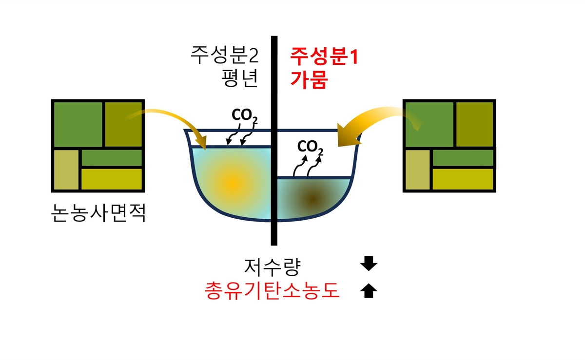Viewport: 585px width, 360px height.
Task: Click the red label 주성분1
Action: pyautogui.click(x=324, y=57)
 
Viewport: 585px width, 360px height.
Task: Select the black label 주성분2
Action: pyautogui.click(x=223, y=57)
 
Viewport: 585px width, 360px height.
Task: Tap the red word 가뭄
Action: pyautogui.click(x=309, y=79)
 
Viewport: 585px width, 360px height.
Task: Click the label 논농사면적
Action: pyautogui.click(x=98, y=213)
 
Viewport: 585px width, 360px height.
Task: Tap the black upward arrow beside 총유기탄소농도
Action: pyautogui.click(x=369, y=291)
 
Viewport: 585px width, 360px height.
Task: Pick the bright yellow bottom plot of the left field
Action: pyautogui.click(x=112, y=179)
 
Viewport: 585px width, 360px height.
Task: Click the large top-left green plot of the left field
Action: pyautogui.click(x=78, y=124)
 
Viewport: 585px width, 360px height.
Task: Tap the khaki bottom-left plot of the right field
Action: pyautogui.click(x=417, y=170)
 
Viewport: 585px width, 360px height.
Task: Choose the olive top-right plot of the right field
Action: pyautogui.click(x=474, y=124)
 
